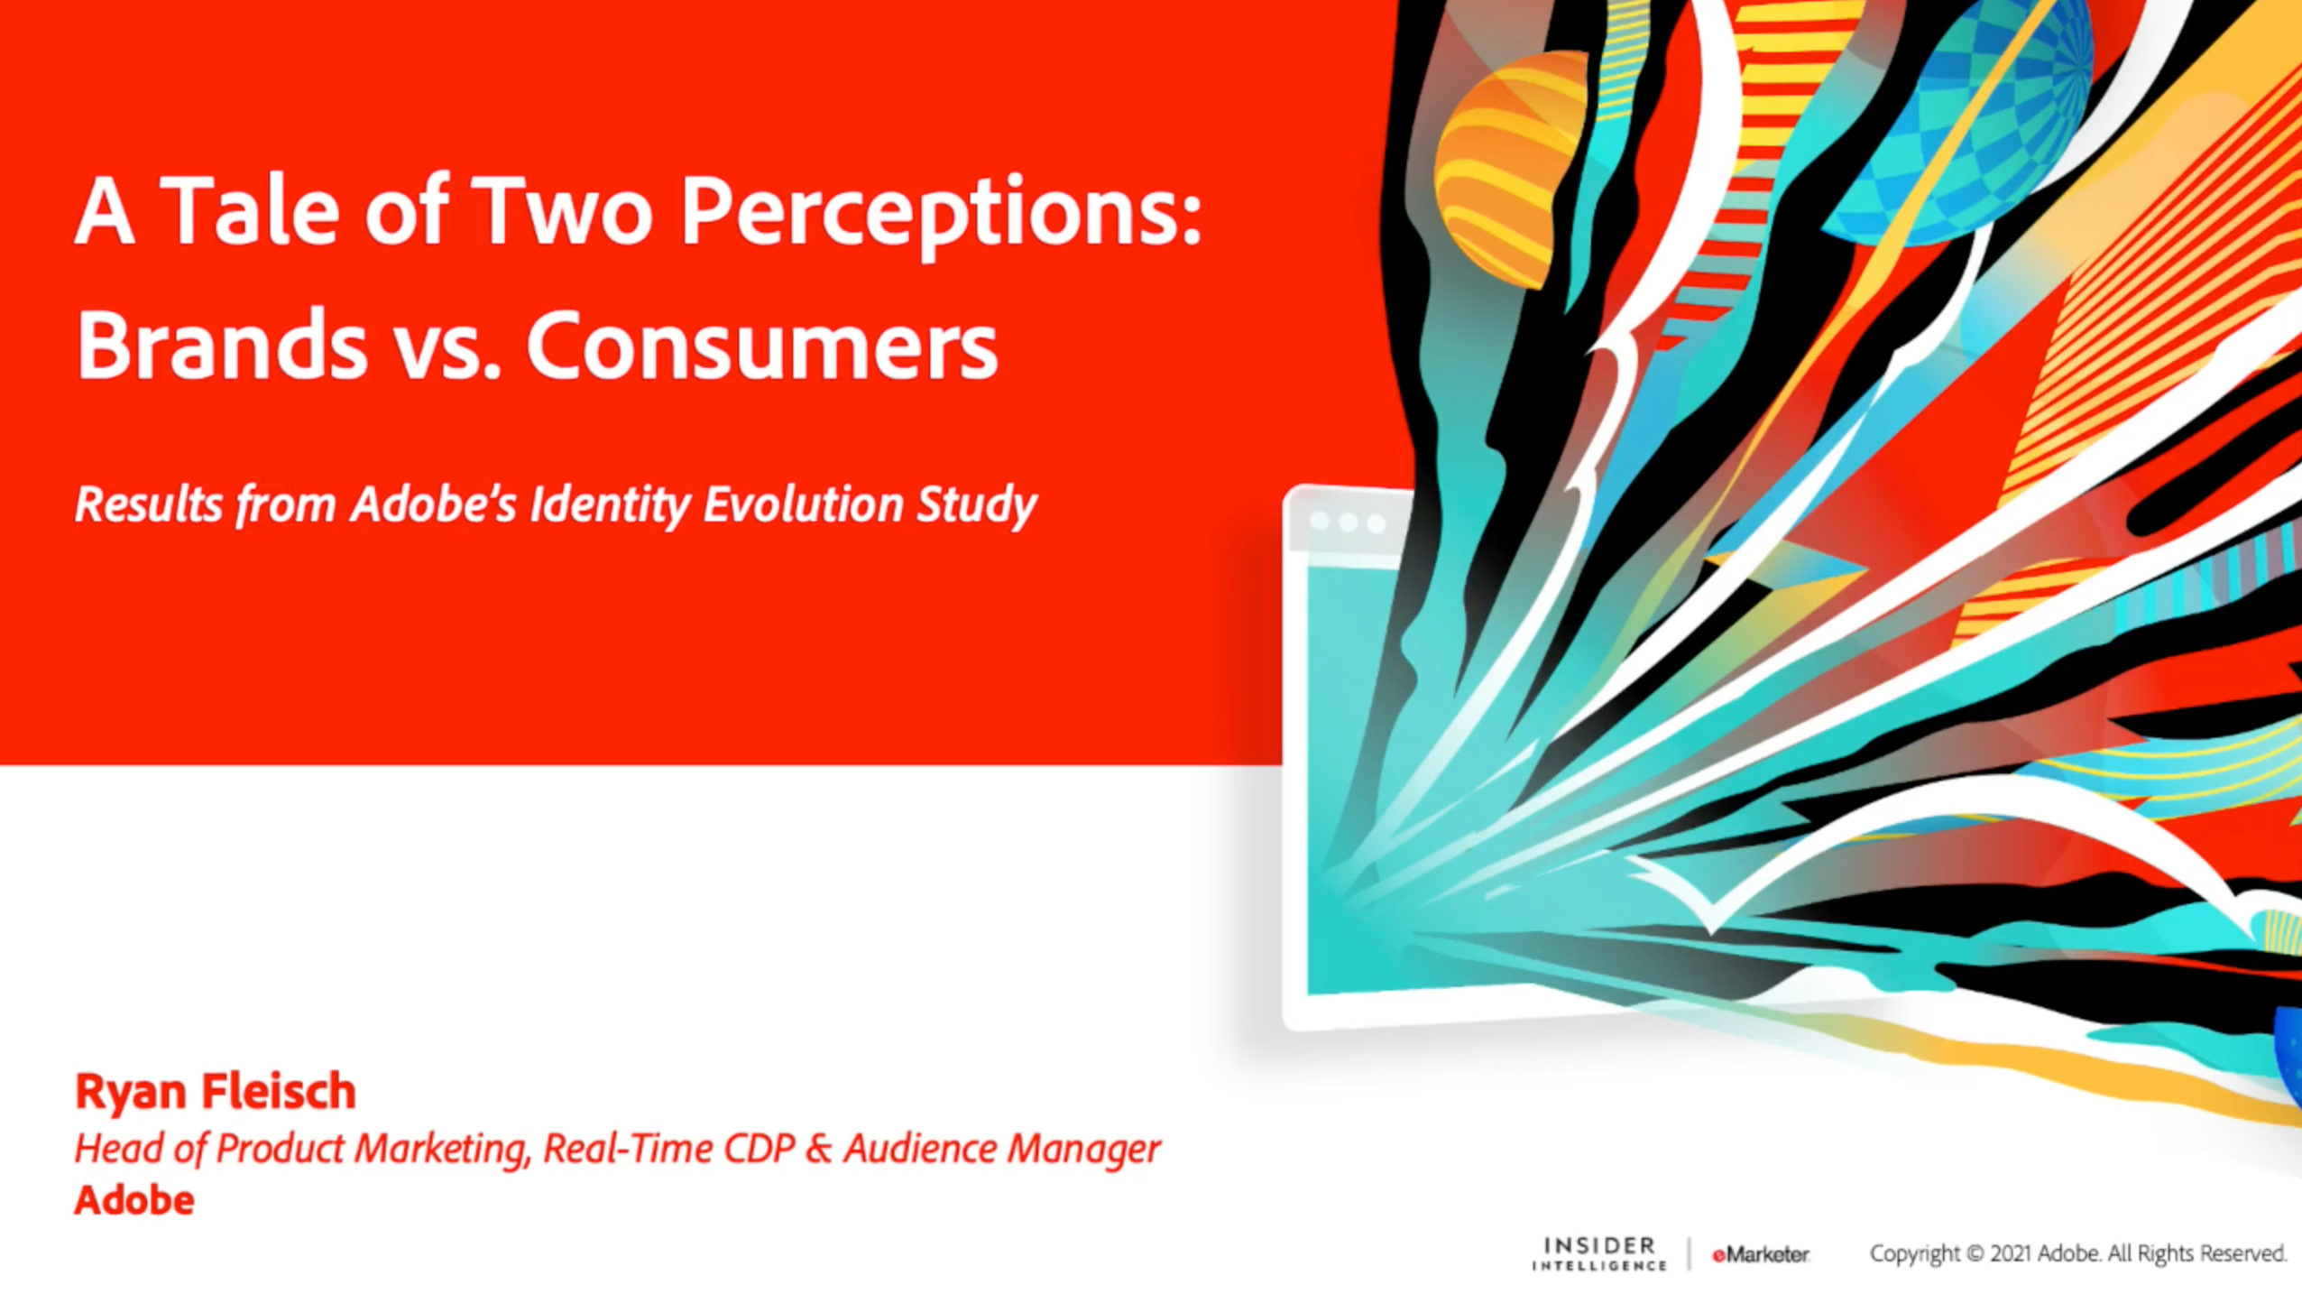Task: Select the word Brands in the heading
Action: coord(222,345)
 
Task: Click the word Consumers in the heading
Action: coord(762,345)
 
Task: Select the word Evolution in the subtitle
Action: coord(803,503)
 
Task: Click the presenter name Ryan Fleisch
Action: coord(216,1091)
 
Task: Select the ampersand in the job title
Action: coord(818,1148)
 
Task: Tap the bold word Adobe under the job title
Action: coord(134,1200)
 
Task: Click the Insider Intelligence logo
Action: coord(1598,1253)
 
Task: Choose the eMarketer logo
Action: coord(1761,1254)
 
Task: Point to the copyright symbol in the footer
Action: coord(1975,1254)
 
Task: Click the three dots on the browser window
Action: coord(1348,522)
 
